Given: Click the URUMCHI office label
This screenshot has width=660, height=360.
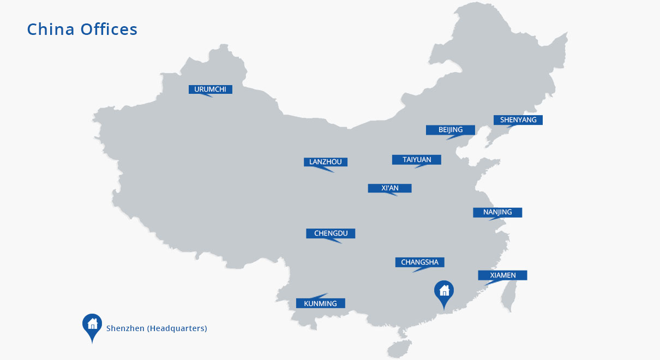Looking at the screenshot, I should (210, 89).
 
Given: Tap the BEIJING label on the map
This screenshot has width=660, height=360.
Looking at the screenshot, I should (450, 130).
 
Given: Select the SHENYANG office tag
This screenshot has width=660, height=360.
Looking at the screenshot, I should (518, 120).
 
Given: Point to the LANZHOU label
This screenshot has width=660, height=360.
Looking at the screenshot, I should (325, 162).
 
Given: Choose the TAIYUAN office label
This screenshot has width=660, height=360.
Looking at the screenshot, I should (416, 160).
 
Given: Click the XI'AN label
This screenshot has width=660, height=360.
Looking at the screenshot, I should (389, 188).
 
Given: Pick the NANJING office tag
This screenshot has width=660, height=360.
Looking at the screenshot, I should (497, 212).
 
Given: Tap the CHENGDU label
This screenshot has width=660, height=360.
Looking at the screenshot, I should (331, 233).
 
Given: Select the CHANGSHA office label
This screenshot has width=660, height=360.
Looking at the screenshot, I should (419, 262).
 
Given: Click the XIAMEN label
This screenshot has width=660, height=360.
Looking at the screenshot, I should (502, 275).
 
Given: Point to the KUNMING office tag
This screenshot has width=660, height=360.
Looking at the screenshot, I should (320, 303).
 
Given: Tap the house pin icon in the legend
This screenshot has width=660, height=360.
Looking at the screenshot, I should (92, 325).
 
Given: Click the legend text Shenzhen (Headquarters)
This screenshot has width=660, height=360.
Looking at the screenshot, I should (157, 328).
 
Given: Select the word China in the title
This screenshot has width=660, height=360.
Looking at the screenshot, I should (51, 29).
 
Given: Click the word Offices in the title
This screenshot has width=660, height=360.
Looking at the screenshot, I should (109, 29).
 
